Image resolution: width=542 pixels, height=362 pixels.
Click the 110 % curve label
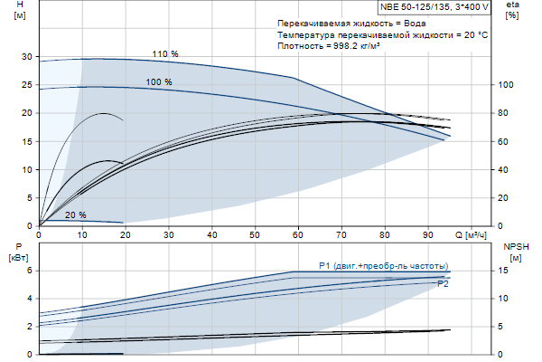[x=165, y=54]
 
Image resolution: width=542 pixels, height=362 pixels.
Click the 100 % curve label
[x=158, y=82]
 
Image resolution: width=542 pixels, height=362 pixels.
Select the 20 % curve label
[x=75, y=215]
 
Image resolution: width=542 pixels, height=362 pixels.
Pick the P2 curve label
[x=443, y=284]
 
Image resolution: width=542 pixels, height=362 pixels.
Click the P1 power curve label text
[x=383, y=265]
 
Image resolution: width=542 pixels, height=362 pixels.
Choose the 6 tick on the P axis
[x=30, y=270]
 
